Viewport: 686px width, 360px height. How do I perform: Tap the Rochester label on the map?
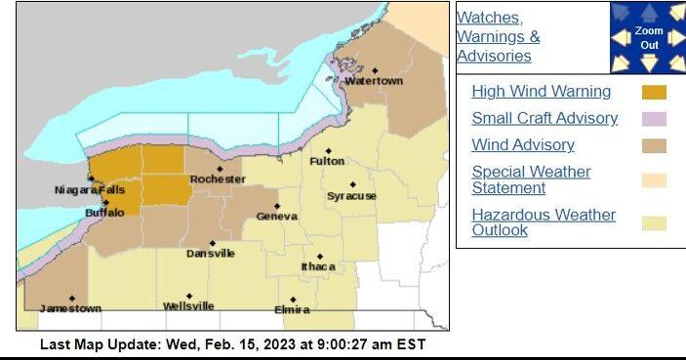(x=218, y=180)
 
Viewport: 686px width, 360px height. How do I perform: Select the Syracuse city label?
(x=351, y=196)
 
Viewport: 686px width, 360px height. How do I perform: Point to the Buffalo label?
(x=104, y=212)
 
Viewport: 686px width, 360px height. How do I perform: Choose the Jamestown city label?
(x=69, y=308)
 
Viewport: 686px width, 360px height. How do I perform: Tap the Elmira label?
(x=292, y=309)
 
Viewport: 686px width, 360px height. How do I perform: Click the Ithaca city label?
(x=318, y=266)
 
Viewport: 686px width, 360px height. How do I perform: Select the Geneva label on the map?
(x=276, y=217)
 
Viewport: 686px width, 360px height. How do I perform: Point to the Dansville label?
(x=211, y=254)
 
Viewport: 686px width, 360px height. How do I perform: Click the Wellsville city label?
(x=188, y=306)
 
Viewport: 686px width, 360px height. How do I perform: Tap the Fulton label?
(x=327, y=161)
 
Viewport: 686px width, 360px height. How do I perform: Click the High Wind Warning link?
(x=541, y=92)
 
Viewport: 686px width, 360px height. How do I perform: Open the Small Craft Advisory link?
(x=545, y=118)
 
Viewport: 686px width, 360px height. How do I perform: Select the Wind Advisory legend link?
(x=522, y=145)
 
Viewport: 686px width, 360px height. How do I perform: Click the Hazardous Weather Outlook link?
(x=544, y=222)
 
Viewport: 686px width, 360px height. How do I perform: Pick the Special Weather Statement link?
(x=531, y=180)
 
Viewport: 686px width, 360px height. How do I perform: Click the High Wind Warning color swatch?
(x=653, y=93)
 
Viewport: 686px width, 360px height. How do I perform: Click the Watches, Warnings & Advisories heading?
(x=499, y=36)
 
